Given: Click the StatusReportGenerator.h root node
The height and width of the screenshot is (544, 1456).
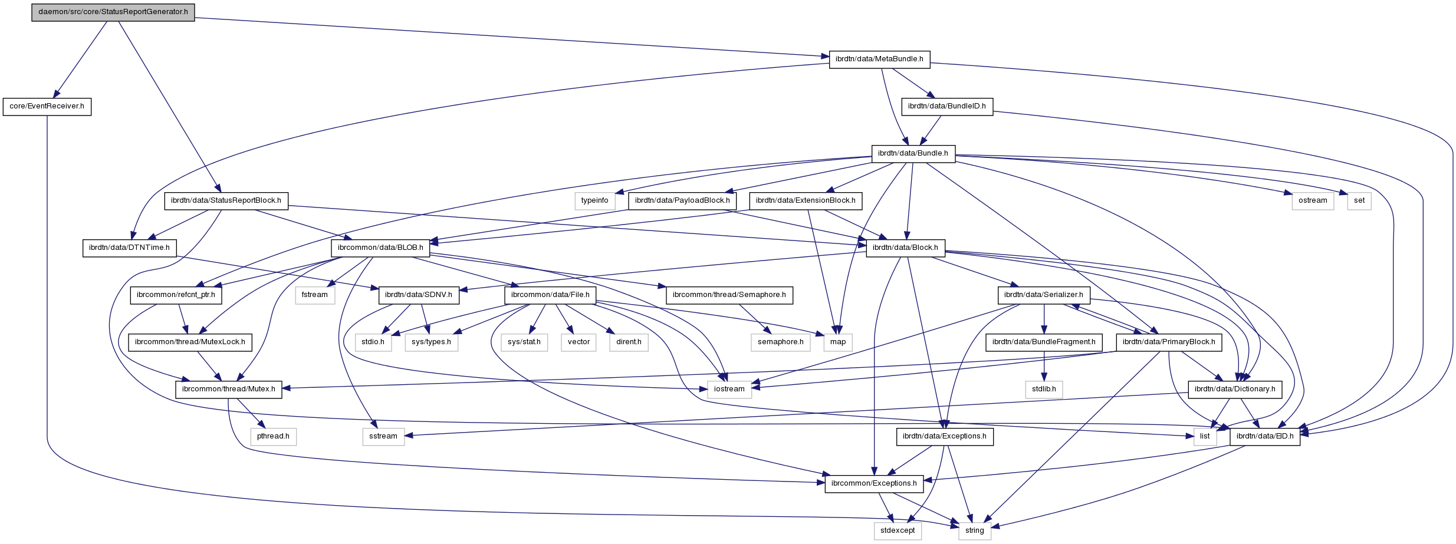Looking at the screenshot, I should click(x=113, y=12).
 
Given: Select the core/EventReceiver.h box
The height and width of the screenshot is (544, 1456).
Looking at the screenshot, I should click(x=47, y=107).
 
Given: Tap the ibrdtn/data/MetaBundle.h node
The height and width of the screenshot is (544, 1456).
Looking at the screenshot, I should click(x=879, y=60).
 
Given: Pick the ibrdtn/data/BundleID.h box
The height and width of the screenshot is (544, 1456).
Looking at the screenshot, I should click(x=946, y=107).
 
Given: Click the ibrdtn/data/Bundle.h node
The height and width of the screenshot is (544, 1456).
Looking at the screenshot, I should click(x=913, y=154).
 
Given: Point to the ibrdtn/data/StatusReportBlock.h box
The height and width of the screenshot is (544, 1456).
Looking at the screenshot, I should click(x=226, y=201).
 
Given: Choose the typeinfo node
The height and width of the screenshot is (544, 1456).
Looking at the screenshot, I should click(x=594, y=201).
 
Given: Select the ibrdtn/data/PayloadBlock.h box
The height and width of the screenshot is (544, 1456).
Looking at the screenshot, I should click(x=682, y=201).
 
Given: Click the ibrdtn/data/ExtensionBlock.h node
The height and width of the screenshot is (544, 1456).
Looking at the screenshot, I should click(x=806, y=201).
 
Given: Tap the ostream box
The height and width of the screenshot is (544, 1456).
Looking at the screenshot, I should click(x=1313, y=201).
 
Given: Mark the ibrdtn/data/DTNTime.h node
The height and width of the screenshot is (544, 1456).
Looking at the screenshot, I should click(x=129, y=248).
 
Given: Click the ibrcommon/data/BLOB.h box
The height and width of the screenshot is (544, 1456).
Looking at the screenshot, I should click(x=380, y=248).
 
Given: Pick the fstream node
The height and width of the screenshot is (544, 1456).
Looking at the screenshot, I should click(x=315, y=295).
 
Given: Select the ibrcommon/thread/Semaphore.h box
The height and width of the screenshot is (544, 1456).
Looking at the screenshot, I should click(x=729, y=295).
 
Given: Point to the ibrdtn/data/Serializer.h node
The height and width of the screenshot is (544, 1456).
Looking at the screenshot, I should click(x=1044, y=295).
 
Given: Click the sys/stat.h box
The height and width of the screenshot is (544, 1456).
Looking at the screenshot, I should click(x=524, y=342).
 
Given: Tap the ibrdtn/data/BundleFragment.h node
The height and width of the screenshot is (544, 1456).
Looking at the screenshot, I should click(x=1044, y=342).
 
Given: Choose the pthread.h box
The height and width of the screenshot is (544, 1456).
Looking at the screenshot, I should click(x=273, y=437).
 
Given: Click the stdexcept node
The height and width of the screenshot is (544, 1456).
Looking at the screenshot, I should click(x=898, y=531).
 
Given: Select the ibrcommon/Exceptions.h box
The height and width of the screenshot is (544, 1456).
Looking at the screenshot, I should click(x=874, y=484).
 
